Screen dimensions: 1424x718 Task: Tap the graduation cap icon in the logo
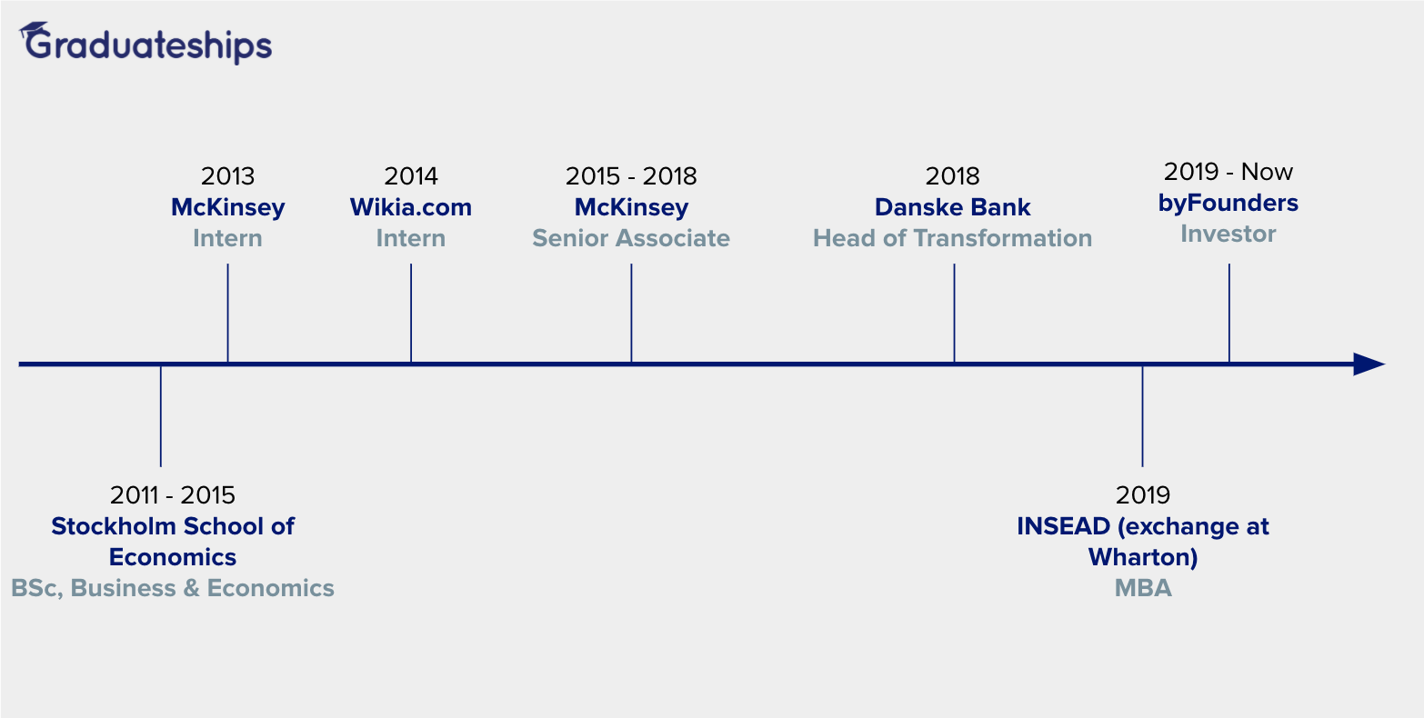(34, 30)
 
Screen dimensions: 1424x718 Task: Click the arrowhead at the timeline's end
(1369, 364)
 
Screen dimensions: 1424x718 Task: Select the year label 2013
(227, 176)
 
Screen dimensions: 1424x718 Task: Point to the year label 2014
(411, 176)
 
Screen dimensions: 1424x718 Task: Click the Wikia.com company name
(411, 207)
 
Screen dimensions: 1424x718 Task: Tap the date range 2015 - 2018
(631, 176)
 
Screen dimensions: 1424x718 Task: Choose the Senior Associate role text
(631, 238)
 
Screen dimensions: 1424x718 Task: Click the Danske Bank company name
(952, 207)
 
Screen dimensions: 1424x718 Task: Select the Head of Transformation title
(952, 238)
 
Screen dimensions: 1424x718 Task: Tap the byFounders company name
(1228, 203)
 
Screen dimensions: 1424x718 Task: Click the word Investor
(1228, 234)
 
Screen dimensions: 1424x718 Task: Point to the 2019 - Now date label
(1228, 172)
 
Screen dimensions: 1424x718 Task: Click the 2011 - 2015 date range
(172, 495)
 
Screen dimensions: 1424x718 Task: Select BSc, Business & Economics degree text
(172, 588)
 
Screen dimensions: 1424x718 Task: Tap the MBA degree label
(1143, 588)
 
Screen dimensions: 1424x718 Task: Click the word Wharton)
(1143, 557)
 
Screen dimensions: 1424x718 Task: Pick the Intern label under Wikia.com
(411, 238)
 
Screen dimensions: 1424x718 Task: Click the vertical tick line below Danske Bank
(954, 314)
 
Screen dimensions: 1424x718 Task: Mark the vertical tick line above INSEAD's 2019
(1142, 416)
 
